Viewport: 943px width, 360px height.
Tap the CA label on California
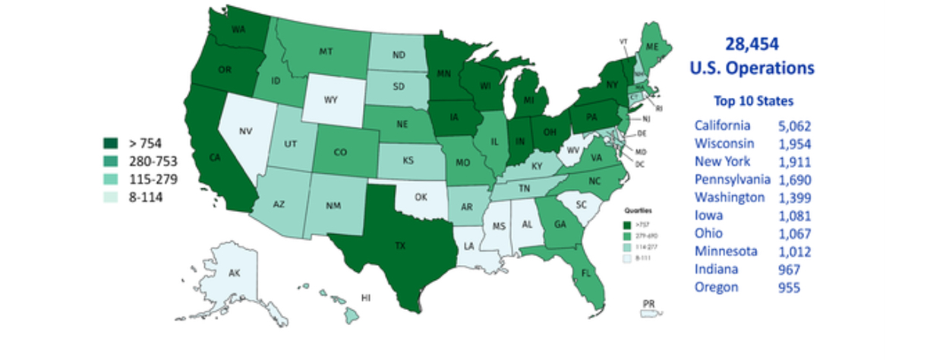[215, 158]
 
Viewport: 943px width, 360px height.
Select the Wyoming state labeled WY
[331, 99]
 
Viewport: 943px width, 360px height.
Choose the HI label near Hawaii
[365, 298]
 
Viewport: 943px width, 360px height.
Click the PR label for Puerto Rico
[648, 304]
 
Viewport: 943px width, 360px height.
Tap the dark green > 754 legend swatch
[110, 143]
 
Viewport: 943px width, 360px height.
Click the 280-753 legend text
[153, 161]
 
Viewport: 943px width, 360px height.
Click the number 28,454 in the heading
[752, 45]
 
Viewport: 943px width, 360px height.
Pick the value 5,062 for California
[795, 125]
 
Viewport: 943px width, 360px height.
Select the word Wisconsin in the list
[724, 144]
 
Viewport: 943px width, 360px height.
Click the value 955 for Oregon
[790, 287]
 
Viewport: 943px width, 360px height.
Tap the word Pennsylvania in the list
[732, 179]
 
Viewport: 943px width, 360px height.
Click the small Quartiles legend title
[636, 210]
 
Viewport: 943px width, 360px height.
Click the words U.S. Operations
[752, 68]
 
